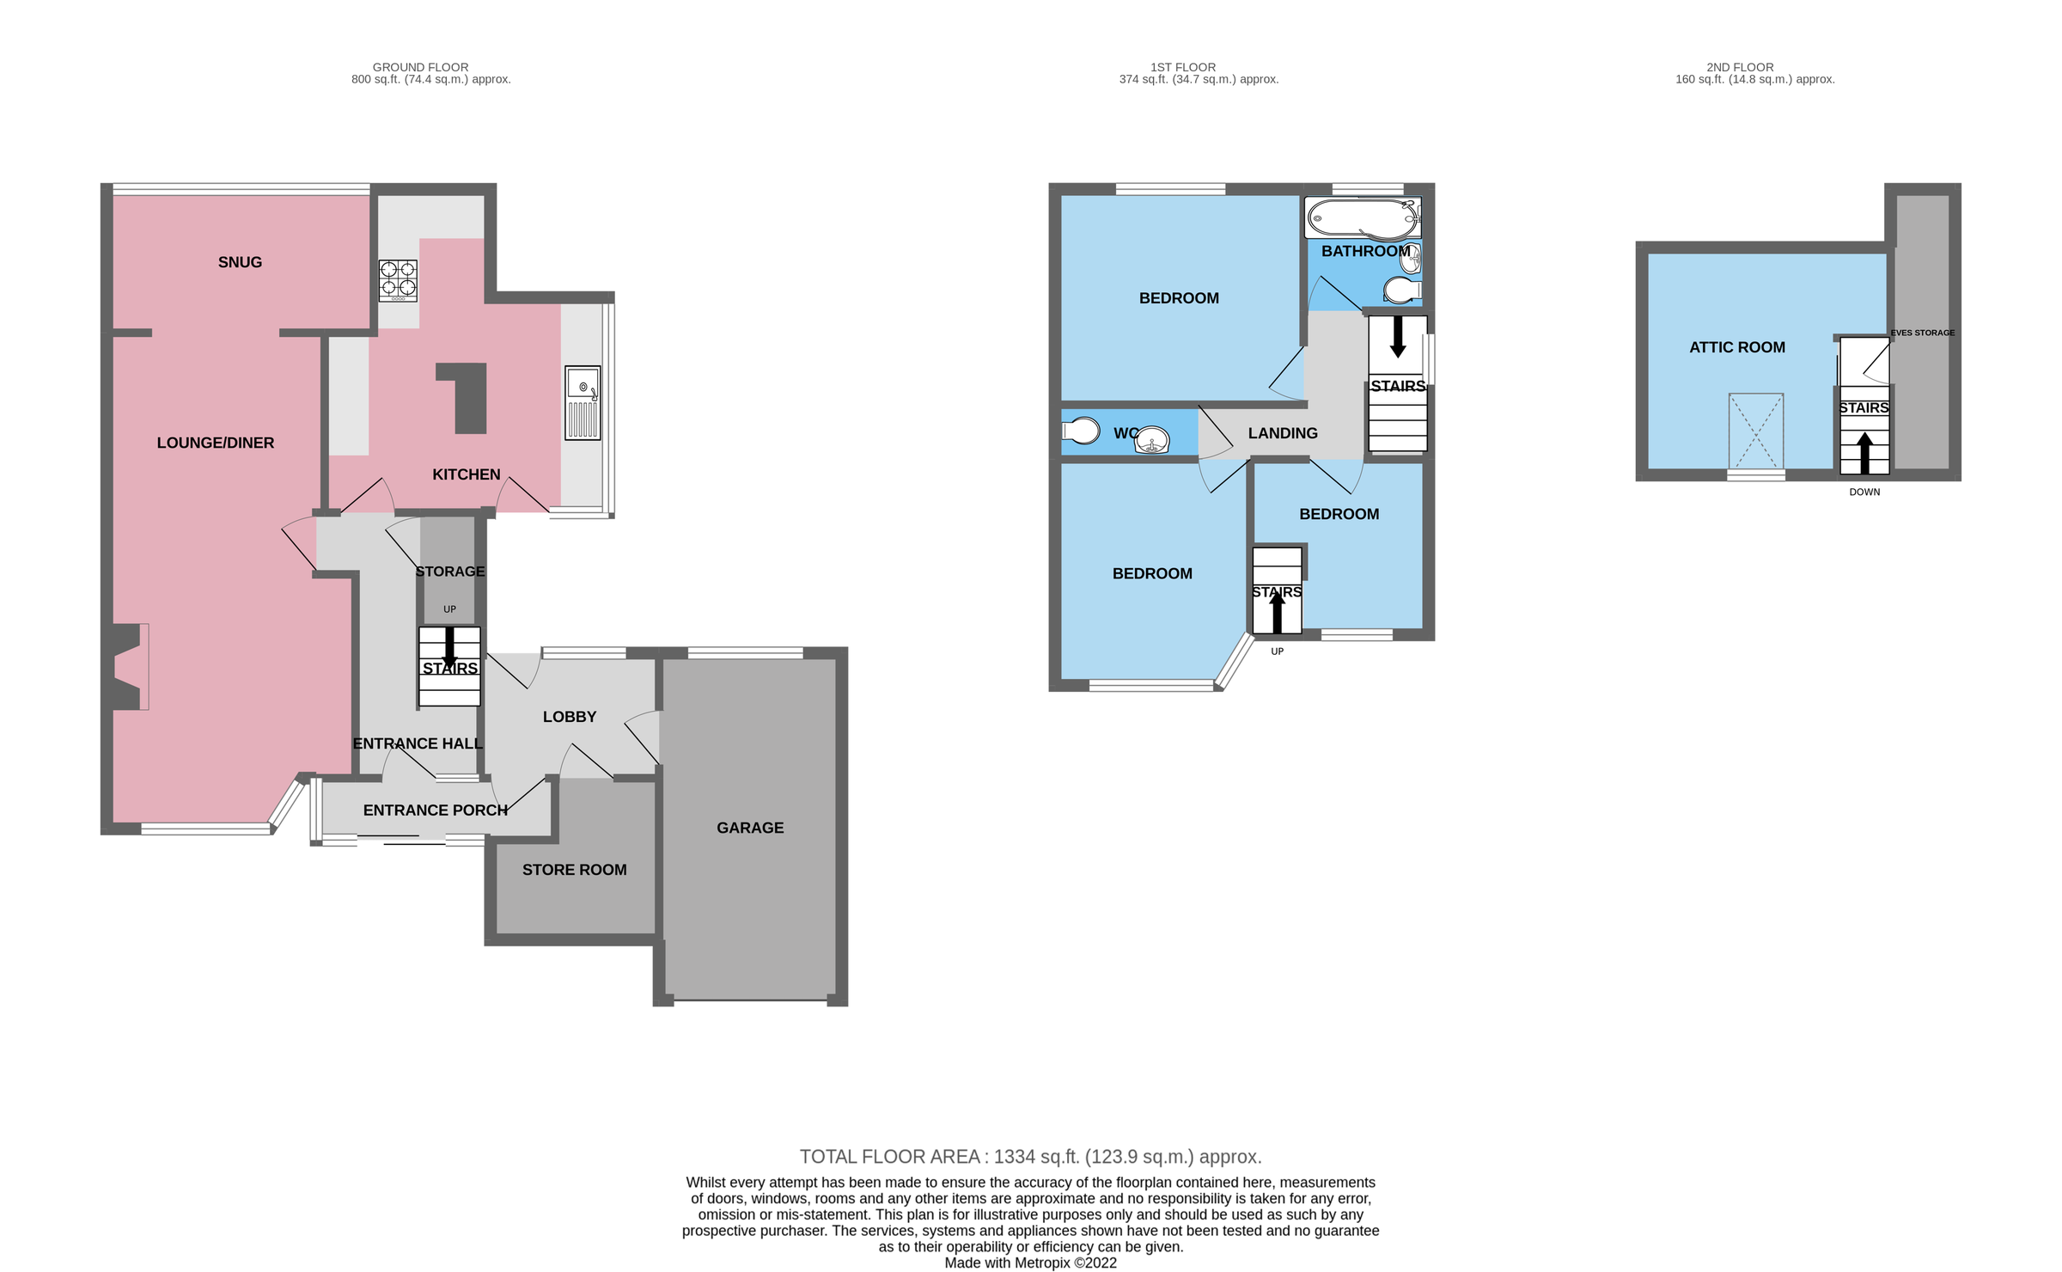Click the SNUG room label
(x=240, y=262)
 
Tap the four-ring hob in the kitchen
(x=399, y=280)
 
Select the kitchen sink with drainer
(x=583, y=403)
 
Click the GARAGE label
(x=750, y=828)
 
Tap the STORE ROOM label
(x=574, y=870)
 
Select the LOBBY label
(x=569, y=717)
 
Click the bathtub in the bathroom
(x=1363, y=218)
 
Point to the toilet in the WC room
(x=1081, y=430)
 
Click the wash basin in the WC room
(x=1151, y=441)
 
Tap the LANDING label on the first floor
(x=1282, y=433)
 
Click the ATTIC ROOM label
(x=1736, y=347)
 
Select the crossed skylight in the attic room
(x=1755, y=431)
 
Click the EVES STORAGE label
(x=1922, y=333)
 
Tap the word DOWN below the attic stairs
(x=1864, y=492)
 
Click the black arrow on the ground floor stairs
(x=449, y=646)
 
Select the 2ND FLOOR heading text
(x=1740, y=67)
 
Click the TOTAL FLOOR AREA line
(x=1030, y=1157)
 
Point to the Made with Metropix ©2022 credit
(x=1030, y=1263)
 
